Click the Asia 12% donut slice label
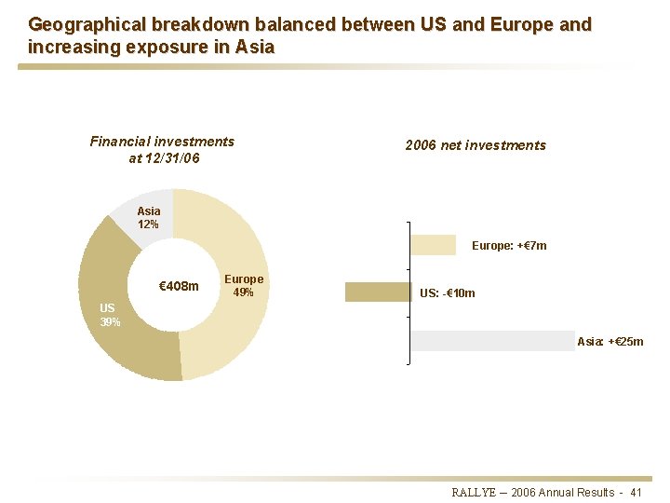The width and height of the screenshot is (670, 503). [x=148, y=217]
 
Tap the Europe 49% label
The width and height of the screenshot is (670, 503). [x=244, y=286]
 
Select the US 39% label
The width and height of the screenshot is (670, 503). [x=109, y=315]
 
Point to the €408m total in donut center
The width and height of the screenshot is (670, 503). [x=179, y=286]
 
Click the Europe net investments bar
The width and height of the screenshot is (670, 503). [x=433, y=244]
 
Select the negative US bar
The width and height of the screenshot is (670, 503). [x=378, y=292]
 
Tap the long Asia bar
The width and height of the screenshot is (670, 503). [x=493, y=341]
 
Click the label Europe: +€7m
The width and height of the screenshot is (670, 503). [x=509, y=246]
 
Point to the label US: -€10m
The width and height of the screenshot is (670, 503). [x=447, y=293]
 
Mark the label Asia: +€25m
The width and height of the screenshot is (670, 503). [x=610, y=342]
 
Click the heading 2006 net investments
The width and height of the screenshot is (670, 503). [x=476, y=145]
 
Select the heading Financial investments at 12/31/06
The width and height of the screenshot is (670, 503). [x=162, y=150]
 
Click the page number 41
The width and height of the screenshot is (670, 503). [x=636, y=492]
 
